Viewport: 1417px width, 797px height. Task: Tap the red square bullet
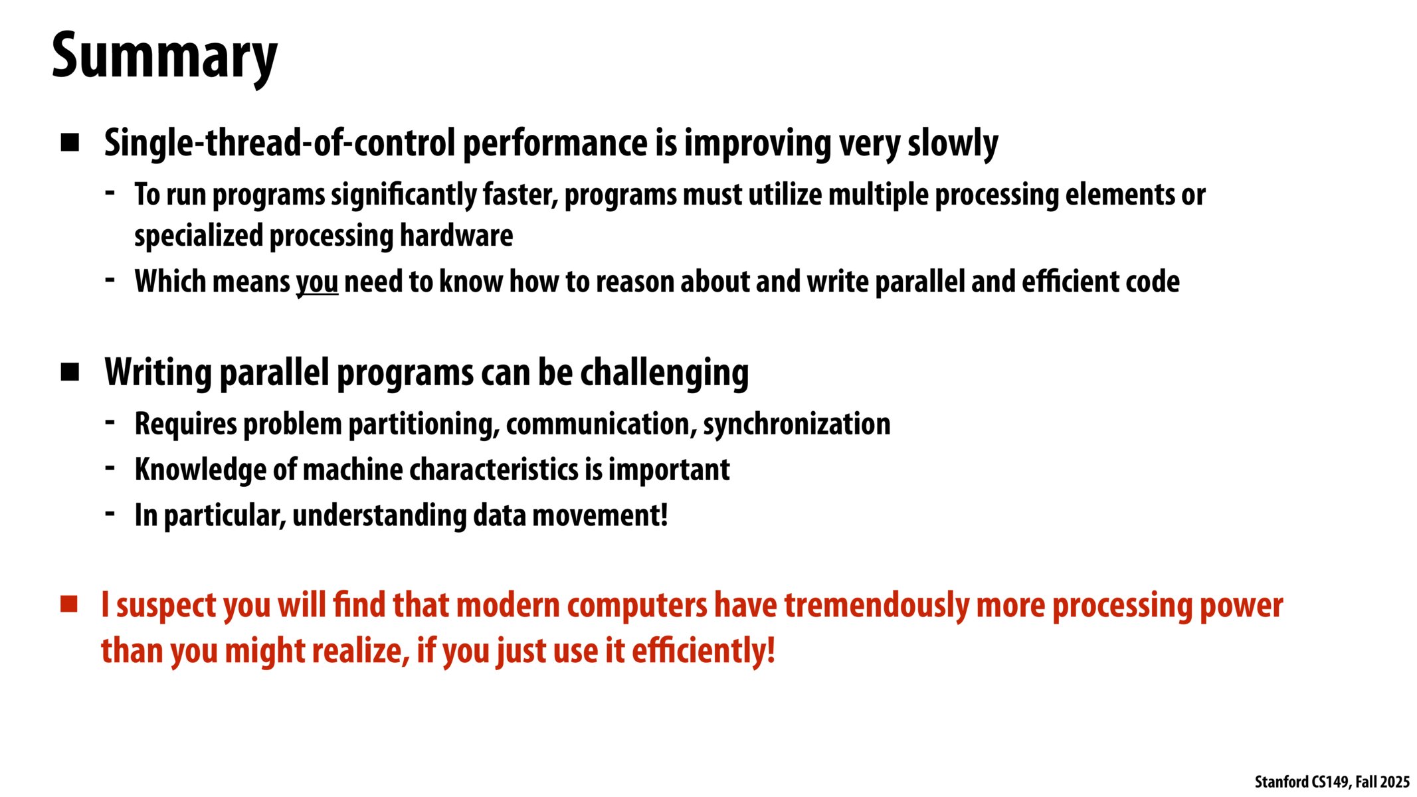tap(69, 604)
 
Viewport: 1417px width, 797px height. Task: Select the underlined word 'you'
tap(317, 282)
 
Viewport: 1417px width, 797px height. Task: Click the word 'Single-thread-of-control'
tap(280, 143)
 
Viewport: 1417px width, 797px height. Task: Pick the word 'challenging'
tap(664, 373)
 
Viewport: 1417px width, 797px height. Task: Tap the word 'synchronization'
tap(797, 424)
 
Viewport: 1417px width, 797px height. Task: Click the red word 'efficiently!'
tap(704, 650)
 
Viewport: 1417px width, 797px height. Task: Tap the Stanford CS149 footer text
tap(1332, 782)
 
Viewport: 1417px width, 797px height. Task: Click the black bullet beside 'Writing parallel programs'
tap(70, 372)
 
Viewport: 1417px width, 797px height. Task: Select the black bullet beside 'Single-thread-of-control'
tap(70, 143)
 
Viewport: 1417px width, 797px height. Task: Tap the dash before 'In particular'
tap(110, 514)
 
